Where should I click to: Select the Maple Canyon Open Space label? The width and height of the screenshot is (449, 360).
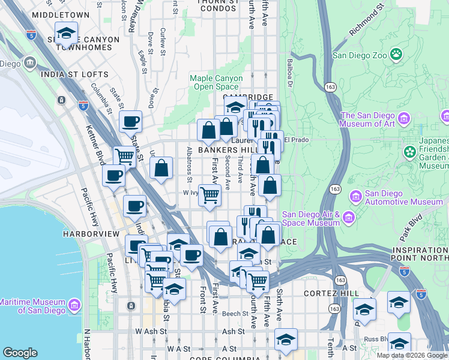[x=216, y=82]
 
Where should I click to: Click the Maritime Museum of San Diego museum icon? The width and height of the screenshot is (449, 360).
[x=74, y=305]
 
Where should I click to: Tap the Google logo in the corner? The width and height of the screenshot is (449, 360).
[x=20, y=353]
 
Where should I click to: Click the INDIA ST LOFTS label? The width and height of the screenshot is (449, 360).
[x=74, y=75]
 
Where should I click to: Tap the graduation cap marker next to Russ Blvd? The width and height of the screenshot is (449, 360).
[x=399, y=344]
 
